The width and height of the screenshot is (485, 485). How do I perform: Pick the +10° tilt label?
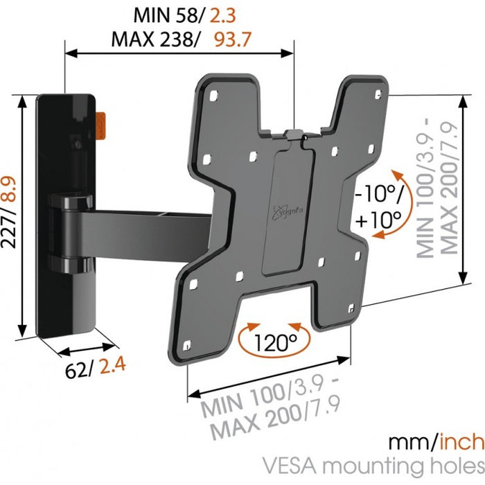(380, 220)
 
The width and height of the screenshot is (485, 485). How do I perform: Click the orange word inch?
(456, 441)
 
